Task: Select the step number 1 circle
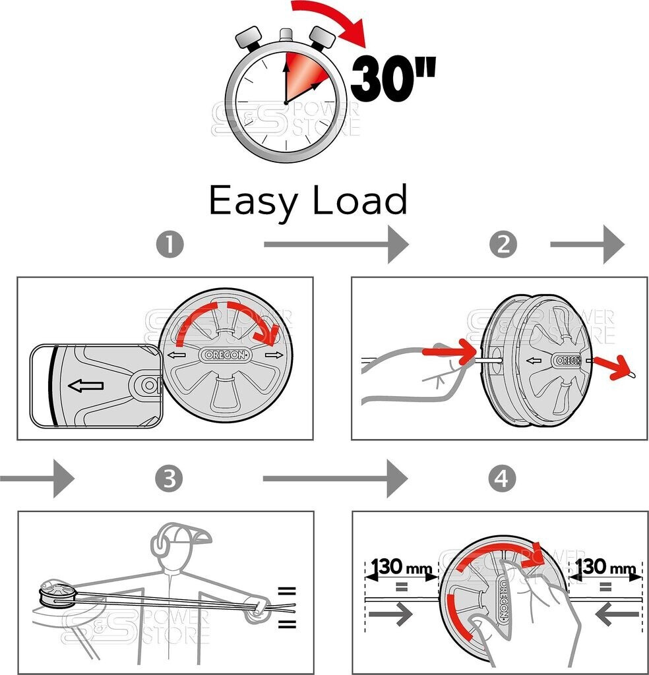pyautogui.click(x=170, y=245)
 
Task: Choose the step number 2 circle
pyautogui.click(x=503, y=245)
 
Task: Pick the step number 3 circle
pyautogui.click(x=170, y=479)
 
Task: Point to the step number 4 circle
pyautogui.click(x=503, y=479)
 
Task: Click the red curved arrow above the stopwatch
pyautogui.click(x=330, y=20)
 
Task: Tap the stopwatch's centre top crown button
pyautogui.click(x=286, y=35)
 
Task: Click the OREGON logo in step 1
pyautogui.click(x=226, y=355)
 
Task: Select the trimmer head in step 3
pyautogui.click(x=55, y=591)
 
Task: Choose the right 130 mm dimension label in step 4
pyautogui.click(x=607, y=566)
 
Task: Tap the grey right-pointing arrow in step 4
pyautogui.click(x=390, y=614)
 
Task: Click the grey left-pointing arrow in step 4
pyautogui.click(x=616, y=614)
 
